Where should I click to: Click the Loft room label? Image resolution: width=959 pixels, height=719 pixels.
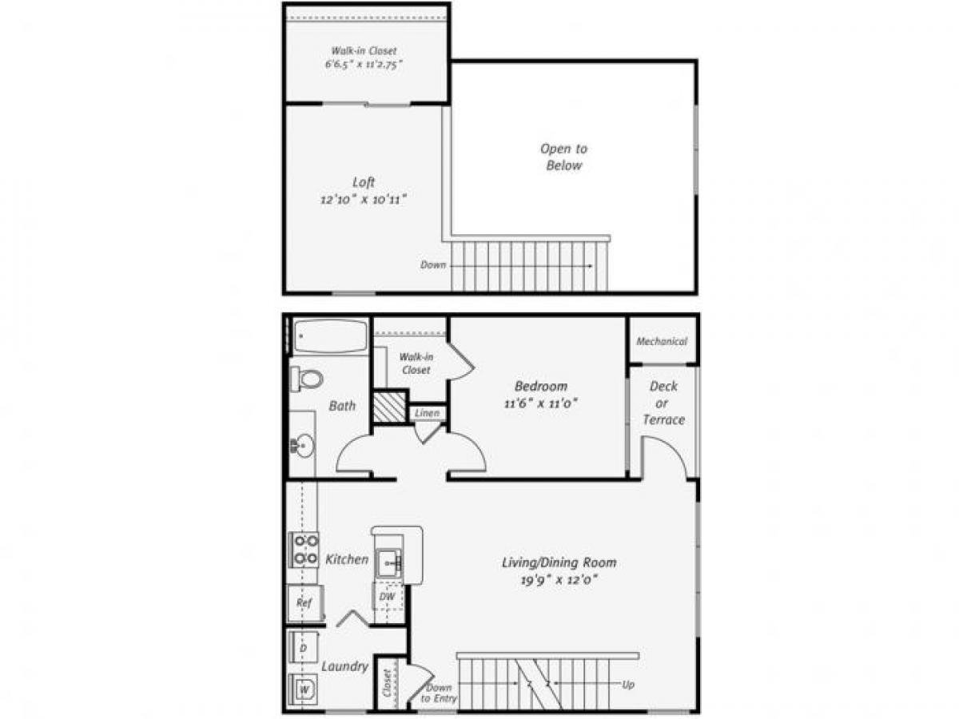[x=364, y=182]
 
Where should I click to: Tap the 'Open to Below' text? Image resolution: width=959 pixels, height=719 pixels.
[x=563, y=157]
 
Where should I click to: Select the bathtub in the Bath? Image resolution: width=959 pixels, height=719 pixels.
[x=330, y=336]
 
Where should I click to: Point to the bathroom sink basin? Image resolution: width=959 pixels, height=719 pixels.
[x=303, y=444]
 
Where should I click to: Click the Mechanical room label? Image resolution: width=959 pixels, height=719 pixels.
[x=662, y=341]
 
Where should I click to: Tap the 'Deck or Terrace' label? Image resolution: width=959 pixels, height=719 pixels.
[x=663, y=403]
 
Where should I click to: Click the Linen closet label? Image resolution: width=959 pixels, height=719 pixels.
[x=427, y=414]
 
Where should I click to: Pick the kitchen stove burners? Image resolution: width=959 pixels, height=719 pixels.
[x=304, y=550]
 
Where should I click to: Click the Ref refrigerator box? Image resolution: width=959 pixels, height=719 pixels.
[x=304, y=603]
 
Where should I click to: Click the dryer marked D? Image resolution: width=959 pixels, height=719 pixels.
[x=304, y=649]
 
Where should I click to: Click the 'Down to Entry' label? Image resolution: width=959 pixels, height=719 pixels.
[x=438, y=693]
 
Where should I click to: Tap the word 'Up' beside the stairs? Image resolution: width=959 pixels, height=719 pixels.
[x=628, y=685]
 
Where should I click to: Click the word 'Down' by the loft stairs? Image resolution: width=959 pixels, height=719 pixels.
[x=433, y=264]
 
